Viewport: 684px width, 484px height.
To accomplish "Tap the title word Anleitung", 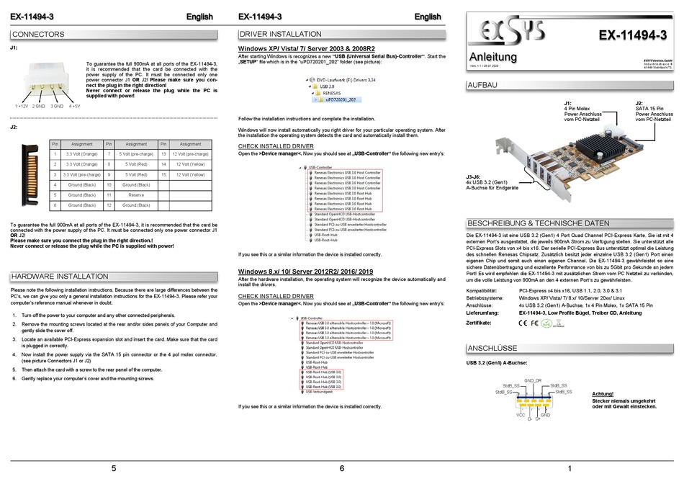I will pyautogui.click(x=492, y=55).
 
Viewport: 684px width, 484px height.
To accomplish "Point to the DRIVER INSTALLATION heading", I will pyautogui.click(x=276, y=34).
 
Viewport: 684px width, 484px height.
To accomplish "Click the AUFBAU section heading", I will pyautogui.click(x=483, y=85).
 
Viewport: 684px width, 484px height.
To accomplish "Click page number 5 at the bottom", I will pyautogui.click(x=114, y=468).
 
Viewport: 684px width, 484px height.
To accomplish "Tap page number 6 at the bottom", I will pyautogui.click(x=341, y=468).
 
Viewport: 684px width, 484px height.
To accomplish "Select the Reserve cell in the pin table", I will pyautogui.click(x=136, y=194).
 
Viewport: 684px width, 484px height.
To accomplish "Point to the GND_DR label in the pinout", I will pyautogui.click(x=532, y=380).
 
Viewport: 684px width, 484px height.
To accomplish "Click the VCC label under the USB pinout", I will pyautogui.click(x=519, y=416).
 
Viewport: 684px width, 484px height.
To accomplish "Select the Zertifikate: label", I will pyautogui.click(x=483, y=323).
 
